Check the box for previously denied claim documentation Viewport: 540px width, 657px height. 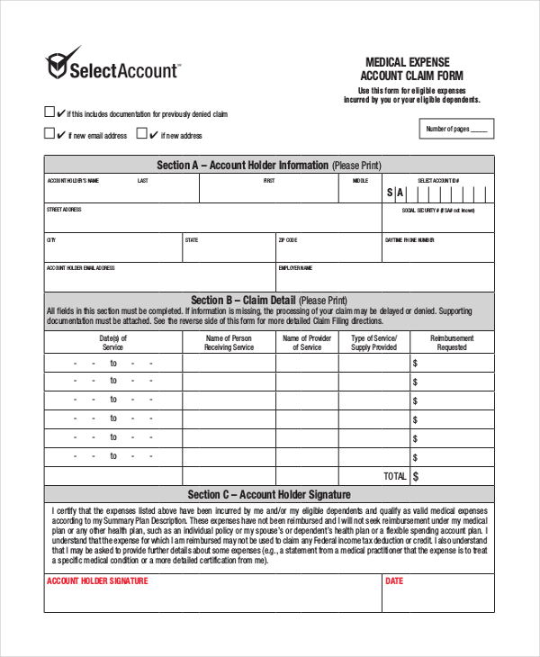(x=49, y=112)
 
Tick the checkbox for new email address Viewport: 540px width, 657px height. (x=49, y=133)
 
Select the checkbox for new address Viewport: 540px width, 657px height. (x=141, y=133)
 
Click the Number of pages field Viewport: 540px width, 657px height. (x=458, y=130)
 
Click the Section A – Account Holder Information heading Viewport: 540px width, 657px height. (x=269, y=165)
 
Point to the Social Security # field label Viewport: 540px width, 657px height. (x=437, y=210)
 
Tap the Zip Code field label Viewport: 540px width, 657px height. (x=288, y=240)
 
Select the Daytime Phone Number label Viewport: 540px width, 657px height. (x=409, y=240)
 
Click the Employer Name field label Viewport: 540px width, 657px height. (x=295, y=267)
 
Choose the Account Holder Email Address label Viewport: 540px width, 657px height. (x=80, y=267)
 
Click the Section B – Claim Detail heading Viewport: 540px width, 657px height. (x=269, y=300)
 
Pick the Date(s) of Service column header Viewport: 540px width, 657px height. (x=112, y=342)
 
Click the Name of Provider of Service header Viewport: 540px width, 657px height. (x=307, y=342)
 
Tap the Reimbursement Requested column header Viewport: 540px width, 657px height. (x=452, y=342)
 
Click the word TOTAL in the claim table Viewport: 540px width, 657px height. (x=394, y=475)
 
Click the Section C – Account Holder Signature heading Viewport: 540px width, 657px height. (x=269, y=495)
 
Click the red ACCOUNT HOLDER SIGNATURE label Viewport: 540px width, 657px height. (x=97, y=581)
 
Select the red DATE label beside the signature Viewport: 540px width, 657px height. (x=394, y=581)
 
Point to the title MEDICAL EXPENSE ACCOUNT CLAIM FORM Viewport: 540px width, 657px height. (x=412, y=68)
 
